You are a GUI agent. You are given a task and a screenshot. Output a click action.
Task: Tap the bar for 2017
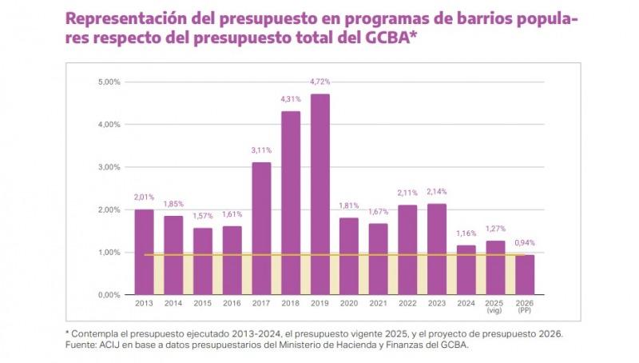(261, 229)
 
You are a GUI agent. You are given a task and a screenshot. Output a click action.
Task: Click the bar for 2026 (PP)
(525, 274)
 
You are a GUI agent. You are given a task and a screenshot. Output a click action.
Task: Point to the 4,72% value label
(319, 82)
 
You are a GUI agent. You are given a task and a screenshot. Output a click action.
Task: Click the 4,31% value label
(291, 99)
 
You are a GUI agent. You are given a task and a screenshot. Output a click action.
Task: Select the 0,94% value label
(525, 243)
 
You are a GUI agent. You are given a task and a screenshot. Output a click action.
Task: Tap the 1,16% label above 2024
(466, 233)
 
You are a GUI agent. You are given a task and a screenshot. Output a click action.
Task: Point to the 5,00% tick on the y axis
(109, 82)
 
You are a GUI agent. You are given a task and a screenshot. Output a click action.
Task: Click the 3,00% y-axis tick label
(109, 167)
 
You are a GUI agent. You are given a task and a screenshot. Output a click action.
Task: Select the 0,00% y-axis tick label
(109, 295)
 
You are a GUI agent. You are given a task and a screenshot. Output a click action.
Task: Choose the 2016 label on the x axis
(232, 305)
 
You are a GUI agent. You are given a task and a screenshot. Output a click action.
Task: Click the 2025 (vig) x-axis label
(495, 308)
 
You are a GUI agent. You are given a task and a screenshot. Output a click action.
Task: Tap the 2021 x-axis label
(379, 305)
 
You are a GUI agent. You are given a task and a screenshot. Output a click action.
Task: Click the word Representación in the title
(129, 18)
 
